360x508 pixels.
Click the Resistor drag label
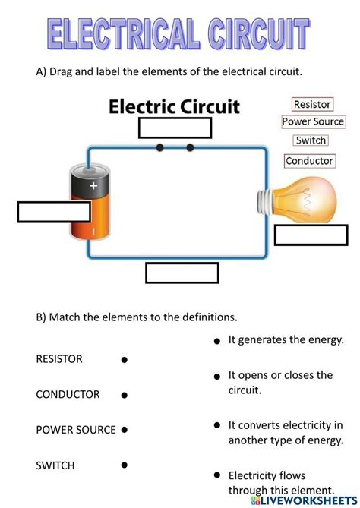pos(311,103)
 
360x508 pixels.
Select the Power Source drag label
pos(313,121)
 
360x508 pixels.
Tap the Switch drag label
pos(311,140)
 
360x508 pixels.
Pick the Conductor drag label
pos(310,161)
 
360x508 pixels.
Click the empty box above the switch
pos(175,128)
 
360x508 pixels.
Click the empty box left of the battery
pos(43,212)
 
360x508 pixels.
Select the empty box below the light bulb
pos(311,235)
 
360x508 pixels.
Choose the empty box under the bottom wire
pos(182,273)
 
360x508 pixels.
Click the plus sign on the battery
pos(93,185)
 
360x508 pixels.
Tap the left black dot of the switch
pos(159,147)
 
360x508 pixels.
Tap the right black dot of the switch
pos(190,147)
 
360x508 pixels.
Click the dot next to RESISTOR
pos(124,359)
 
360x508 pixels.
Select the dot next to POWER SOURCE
pos(125,430)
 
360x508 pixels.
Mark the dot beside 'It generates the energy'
pos(217,342)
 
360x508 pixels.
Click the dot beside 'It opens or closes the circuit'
pos(217,376)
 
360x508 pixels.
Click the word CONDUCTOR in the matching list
pos(68,394)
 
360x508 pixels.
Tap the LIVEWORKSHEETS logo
pos(308,500)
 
